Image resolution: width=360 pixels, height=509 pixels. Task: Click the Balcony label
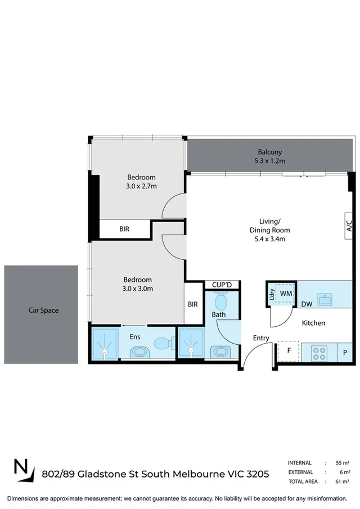(270, 152)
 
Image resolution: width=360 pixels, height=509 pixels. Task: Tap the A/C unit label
(349, 227)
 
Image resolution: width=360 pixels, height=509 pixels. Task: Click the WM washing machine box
(285, 294)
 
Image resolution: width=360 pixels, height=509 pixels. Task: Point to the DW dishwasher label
(307, 304)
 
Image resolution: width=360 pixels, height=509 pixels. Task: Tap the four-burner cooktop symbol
(319, 352)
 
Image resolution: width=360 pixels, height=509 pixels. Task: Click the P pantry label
(345, 353)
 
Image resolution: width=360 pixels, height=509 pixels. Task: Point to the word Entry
(261, 338)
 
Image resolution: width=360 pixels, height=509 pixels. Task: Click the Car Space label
(43, 310)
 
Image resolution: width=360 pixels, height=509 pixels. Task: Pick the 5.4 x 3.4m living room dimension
(270, 238)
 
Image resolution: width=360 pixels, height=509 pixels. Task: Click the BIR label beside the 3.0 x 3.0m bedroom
(192, 304)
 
